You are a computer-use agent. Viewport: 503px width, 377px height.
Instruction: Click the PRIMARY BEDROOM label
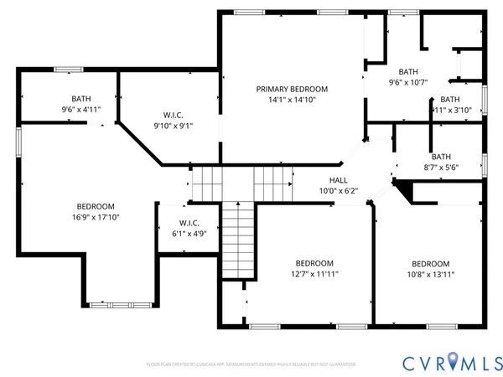click(292, 89)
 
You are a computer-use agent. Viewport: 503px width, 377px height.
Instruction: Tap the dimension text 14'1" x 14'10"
click(292, 101)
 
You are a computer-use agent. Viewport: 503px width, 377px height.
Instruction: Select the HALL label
click(338, 180)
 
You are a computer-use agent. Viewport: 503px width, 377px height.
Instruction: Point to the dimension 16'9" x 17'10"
click(96, 217)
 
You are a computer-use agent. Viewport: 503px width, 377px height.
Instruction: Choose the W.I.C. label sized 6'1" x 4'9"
click(188, 223)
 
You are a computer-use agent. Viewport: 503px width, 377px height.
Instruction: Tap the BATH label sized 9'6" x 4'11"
click(81, 99)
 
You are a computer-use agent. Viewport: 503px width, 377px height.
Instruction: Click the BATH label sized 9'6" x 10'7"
click(408, 72)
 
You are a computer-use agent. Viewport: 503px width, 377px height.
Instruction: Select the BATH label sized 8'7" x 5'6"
click(440, 157)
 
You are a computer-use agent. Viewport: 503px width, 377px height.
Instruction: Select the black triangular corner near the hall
click(404, 193)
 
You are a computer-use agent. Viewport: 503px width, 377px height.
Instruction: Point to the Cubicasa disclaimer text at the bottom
click(251, 364)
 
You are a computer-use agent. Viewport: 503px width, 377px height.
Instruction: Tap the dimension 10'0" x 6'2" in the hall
click(338, 191)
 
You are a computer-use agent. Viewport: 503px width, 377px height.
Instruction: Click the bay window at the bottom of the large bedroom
click(122, 302)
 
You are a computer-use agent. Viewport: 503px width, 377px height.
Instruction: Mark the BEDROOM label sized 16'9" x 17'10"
click(96, 206)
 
